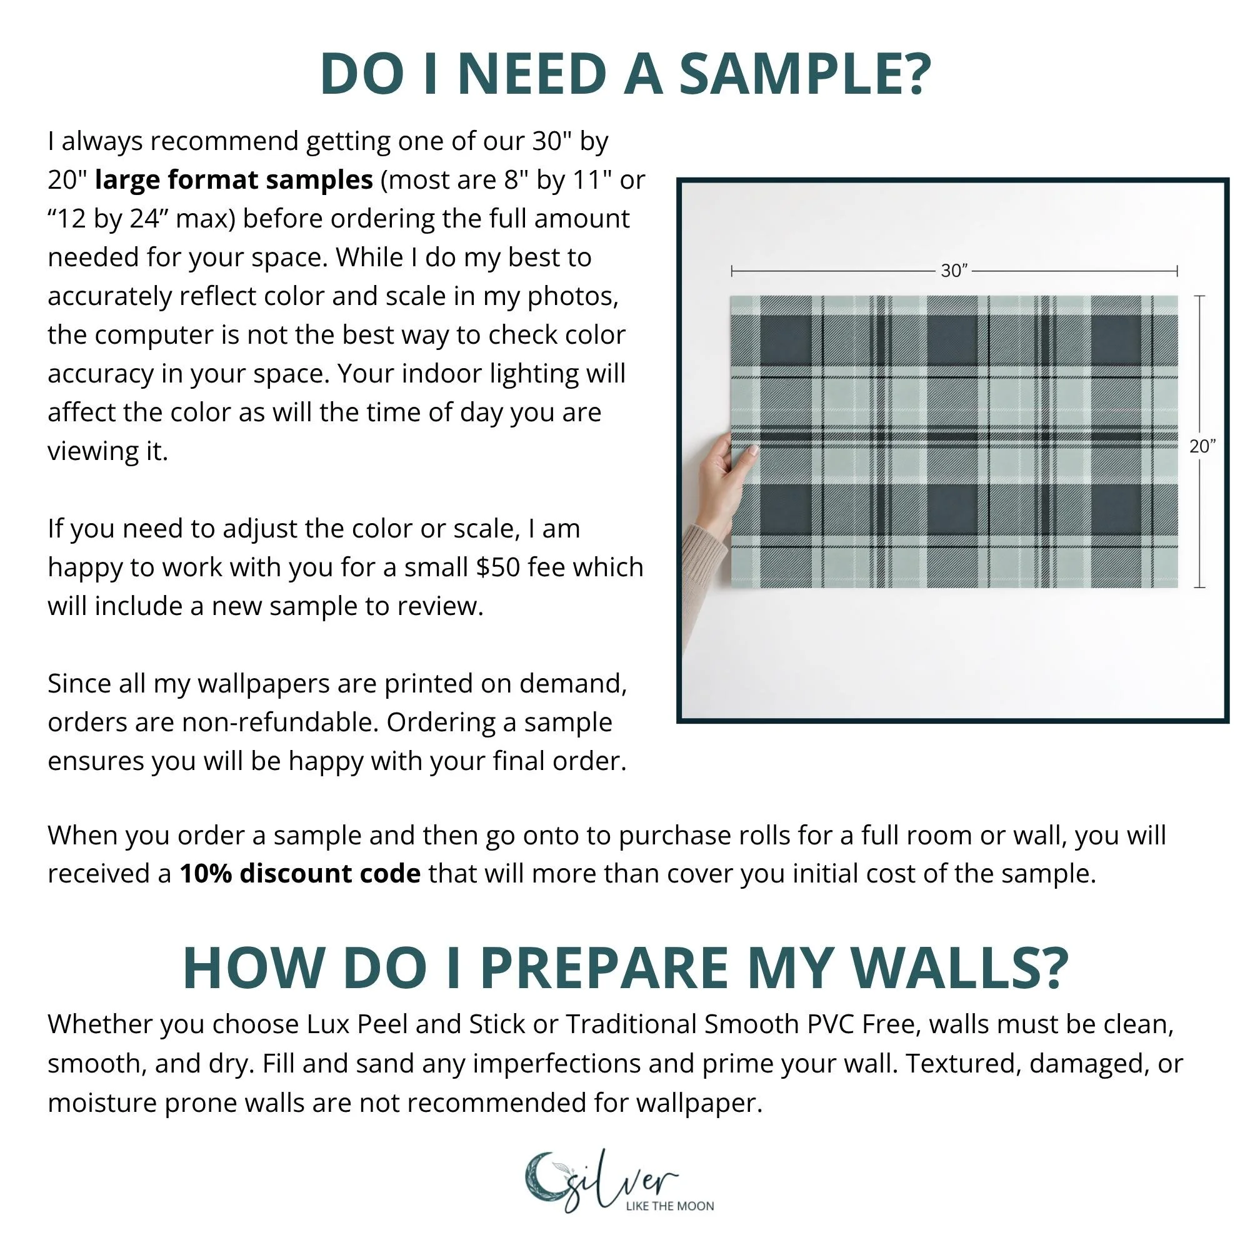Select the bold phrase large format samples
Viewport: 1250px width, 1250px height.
click(234, 180)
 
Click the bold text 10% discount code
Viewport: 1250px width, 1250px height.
click(300, 874)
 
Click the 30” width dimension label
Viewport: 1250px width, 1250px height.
click(954, 271)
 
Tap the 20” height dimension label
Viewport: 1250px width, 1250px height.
click(1202, 446)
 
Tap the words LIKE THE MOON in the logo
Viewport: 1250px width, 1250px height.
click(669, 1206)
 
